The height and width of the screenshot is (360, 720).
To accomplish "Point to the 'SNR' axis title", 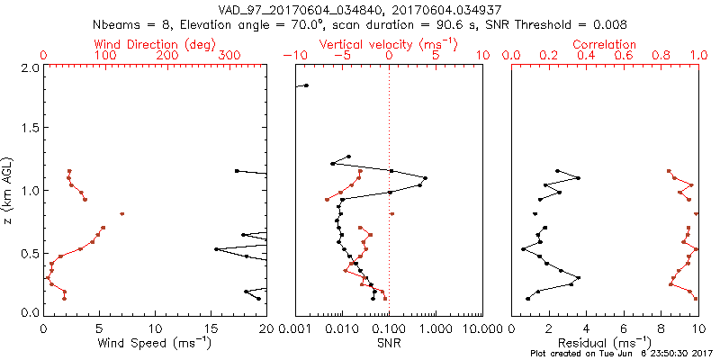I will (389, 344).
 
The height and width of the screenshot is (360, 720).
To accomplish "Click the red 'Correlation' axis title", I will (605, 44).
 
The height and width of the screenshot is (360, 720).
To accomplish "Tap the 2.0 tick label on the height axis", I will (30, 68).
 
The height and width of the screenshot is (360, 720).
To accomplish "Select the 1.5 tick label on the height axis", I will (30, 130).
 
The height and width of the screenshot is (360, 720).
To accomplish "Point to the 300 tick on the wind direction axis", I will (230, 56).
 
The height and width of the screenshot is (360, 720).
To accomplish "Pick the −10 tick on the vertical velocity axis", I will (294, 56).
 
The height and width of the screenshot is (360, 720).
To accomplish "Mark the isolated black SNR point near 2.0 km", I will (306, 85).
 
